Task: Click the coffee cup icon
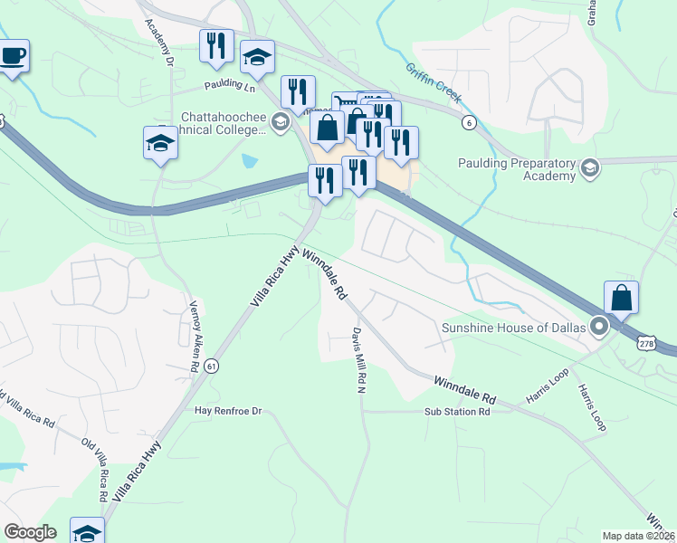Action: click(13, 56)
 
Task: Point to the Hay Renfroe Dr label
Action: click(228, 411)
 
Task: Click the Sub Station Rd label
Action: click(457, 412)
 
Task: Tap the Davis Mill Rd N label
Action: click(358, 360)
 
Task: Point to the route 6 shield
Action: click(468, 122)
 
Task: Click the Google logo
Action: click(30, 532)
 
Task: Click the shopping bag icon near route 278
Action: click(621, 298)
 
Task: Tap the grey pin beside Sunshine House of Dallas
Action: click(598, 327)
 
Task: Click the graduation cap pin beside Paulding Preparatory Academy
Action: click(590, 168)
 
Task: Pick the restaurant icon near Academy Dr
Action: click(216, 46)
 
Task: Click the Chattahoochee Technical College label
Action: click(224, 123)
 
